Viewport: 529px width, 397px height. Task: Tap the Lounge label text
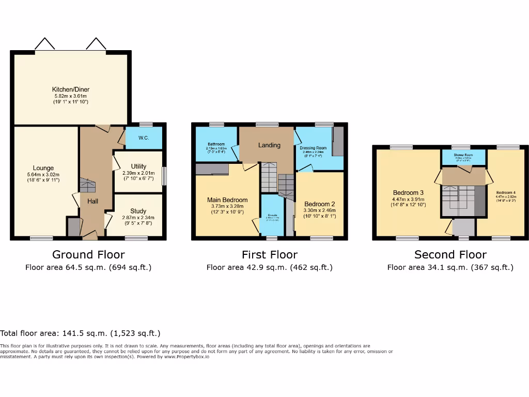[x=43, y=168]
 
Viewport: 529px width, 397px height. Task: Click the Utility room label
[x=138, y=166]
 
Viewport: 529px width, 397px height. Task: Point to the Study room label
[x=138, y=211]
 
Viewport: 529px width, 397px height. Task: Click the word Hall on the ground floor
[x=92, y=201]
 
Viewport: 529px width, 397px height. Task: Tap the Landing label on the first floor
[x=269, y=145]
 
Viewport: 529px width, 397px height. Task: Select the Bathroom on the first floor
[x=216, y=144]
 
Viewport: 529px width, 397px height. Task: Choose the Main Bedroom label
[x=227, y=200]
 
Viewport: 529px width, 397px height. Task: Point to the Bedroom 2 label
[x=319, y=204]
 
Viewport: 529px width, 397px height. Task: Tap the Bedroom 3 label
[x=408, y=193]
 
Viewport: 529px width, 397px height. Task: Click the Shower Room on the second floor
[x=463, y=155]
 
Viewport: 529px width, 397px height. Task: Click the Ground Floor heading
[x=88, y=254]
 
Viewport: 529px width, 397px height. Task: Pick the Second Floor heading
[x=450, y=254]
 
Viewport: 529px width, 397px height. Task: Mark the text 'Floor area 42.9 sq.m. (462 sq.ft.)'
[x=269, y=267]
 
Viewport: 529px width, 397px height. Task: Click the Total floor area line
[x=80, y=333]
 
